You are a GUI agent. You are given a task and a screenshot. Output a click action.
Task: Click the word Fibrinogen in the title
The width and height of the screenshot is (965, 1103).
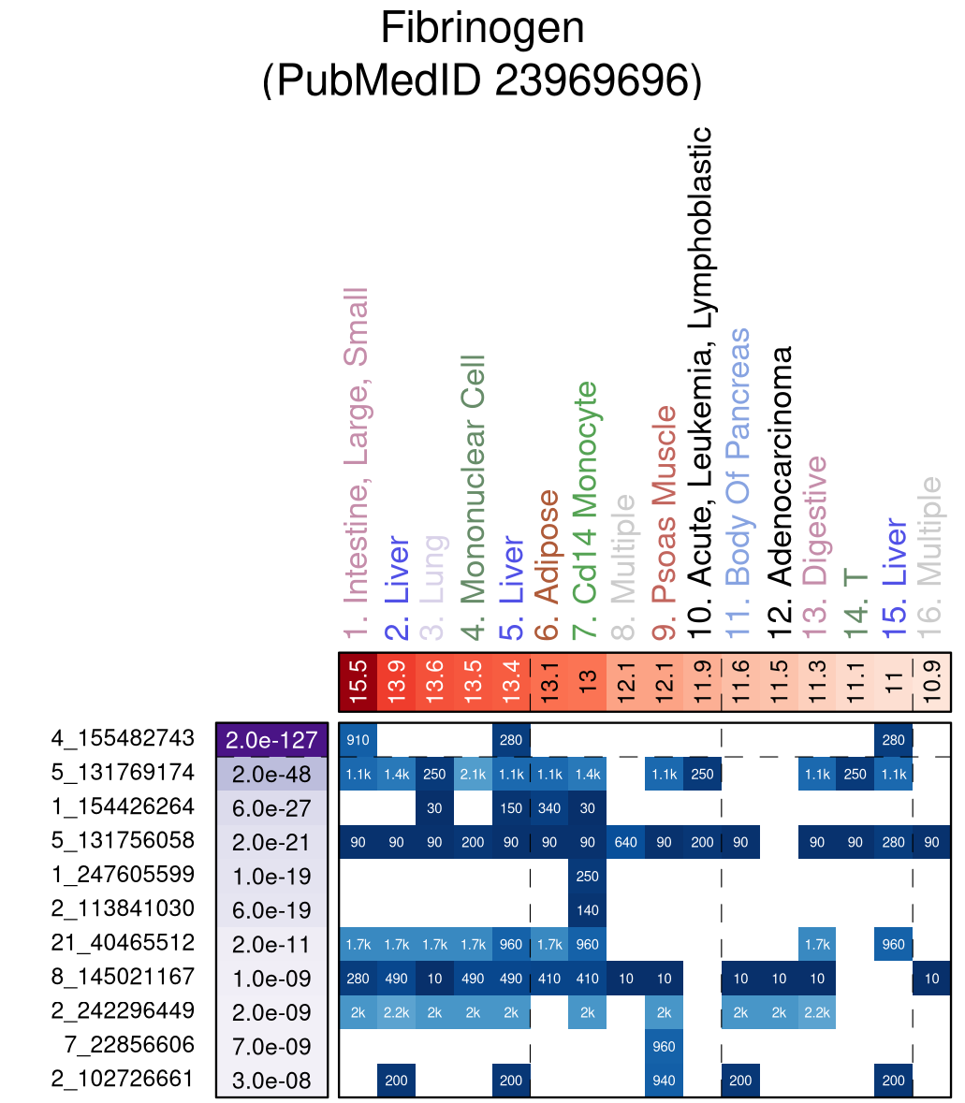(482, 29)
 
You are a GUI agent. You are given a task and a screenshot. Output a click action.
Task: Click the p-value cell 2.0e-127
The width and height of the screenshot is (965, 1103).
(271, 740)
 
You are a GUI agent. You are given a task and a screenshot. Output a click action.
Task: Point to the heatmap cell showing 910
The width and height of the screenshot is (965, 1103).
(358, 739)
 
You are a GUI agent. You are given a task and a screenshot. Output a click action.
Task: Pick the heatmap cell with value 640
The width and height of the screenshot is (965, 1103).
(626, 842)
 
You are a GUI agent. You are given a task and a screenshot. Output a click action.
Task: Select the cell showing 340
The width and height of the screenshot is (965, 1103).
(549, 807)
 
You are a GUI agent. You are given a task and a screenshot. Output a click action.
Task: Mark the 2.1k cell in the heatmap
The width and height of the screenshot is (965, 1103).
(473, 774)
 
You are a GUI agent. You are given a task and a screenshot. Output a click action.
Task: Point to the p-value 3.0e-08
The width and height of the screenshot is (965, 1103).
(271, 1081)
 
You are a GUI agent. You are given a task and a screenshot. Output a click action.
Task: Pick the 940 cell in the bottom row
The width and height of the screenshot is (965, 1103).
(664, 1081)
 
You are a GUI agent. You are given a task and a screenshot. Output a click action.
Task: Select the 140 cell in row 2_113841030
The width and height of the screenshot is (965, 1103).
(587, 910)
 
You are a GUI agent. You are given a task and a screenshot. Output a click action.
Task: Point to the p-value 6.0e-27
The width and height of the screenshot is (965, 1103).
(271, 807)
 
